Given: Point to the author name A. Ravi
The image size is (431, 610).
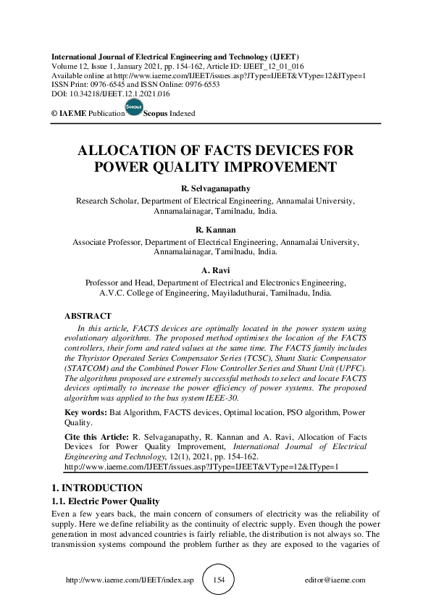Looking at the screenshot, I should click(x=215, y=271).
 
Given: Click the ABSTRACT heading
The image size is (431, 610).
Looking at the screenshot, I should click(x=88, y=316).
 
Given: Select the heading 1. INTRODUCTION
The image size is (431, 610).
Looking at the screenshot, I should click(x=91, y=488).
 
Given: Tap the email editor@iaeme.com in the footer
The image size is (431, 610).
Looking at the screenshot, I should click(x=335, y=580).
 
